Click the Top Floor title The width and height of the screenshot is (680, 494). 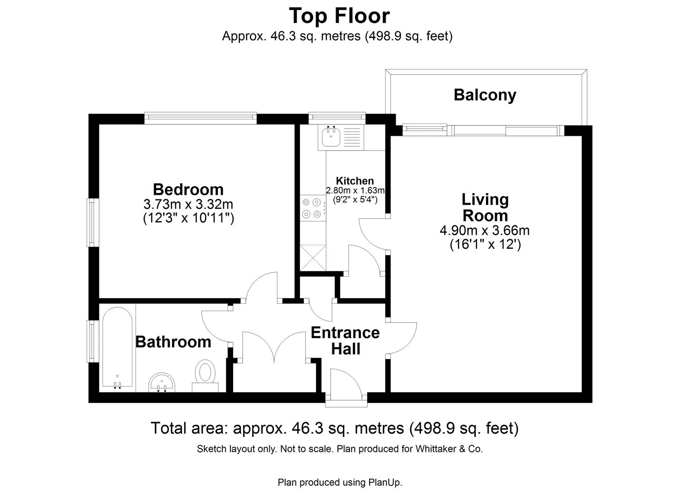click(x=339, y=16)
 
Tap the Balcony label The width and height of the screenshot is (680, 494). click(x=485, y=95)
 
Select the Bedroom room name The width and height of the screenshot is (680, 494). click(x=188, y=189)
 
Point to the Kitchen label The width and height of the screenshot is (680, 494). click(x=355, y=181)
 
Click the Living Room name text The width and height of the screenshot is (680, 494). click(x=485, y=208)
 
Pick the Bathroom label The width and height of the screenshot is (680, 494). click(x=173, y=342)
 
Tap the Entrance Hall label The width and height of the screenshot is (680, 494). click(x=345, y=341)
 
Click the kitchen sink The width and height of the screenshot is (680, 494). click(x=331, y=137)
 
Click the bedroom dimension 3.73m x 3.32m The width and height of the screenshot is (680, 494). click(x=188, y=204)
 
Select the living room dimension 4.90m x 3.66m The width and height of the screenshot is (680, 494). click(x=485, y=231)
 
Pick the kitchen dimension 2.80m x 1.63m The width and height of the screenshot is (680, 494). click(x=355, y=190)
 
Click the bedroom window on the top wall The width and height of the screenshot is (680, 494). click(x=200, y=118)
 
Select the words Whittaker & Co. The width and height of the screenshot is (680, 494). click(x=449, y=449)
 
